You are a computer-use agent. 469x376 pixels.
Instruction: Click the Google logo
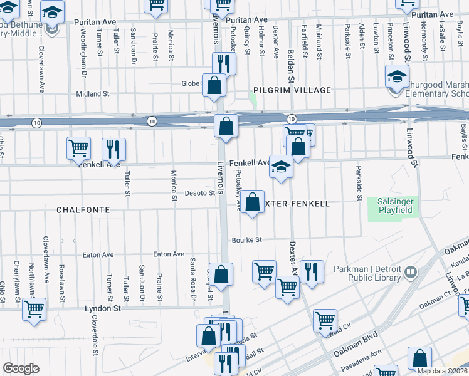(x=21, y=368)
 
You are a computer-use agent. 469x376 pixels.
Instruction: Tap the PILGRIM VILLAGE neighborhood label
(x=292, y=90)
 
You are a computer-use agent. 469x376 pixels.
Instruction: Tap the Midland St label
(x=92, y=94)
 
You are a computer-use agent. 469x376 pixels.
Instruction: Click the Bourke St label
(x=246, y=239)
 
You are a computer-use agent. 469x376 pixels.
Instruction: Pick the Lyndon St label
(x=103, y=309)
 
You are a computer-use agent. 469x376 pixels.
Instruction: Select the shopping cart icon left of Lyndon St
(x=34, y=308)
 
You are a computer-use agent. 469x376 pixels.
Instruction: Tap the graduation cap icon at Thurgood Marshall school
(x=397, y=76)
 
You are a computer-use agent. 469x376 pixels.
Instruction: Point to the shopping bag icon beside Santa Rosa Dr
(x=221, y=274)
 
